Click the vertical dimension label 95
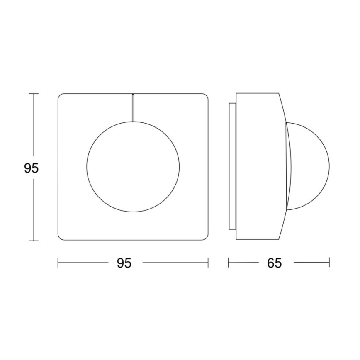pos(31,168)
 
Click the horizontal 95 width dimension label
pos(124,263)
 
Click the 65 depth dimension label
pos(274,263)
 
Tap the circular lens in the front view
pos(133,167)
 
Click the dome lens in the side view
pos(309,167)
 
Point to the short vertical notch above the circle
pos(132,107)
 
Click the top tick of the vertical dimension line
pos(34,94)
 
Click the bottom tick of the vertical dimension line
pos(34,241)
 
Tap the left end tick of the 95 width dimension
pos(58,263)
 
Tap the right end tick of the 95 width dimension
pos(208,263)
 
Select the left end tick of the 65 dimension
pos(229,263)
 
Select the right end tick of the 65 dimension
pos(329,263)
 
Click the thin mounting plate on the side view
pos(232,167)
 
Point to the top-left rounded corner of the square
pos(61,97)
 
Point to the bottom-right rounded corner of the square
pos(205,237)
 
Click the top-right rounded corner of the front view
pos(205,97)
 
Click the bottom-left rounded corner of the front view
pos(61,237)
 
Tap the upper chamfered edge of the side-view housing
pos(283,108)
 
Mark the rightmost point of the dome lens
pos(329,167)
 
